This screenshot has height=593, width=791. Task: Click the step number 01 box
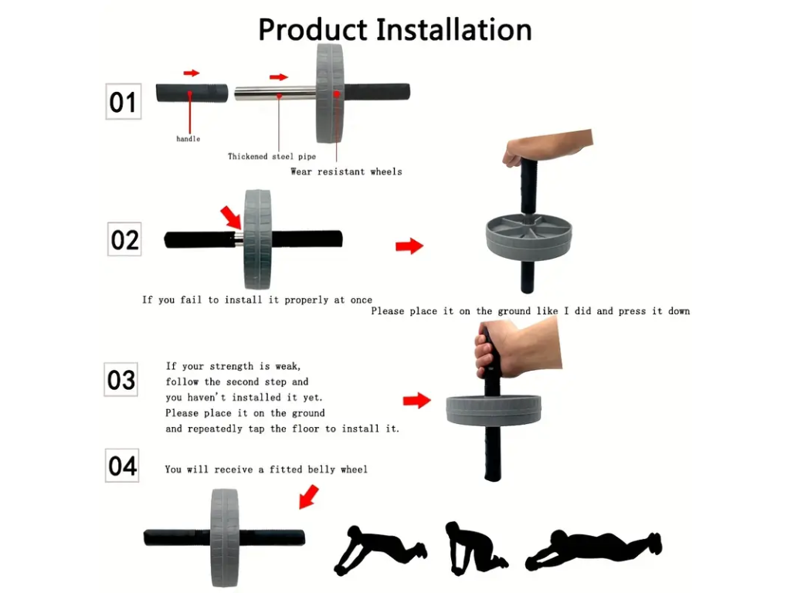pos(123,101)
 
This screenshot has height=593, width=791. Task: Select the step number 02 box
pos(124,239)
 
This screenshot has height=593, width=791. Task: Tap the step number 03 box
pos(121,379)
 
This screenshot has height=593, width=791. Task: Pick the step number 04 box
pos(122,466)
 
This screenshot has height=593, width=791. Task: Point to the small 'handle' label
pos(188,139)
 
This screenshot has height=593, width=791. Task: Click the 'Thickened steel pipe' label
pos(271,156)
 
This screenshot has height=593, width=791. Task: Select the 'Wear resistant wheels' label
pos(346,171)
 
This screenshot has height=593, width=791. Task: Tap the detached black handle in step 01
pos(192,93)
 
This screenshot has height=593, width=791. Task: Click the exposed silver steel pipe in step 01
pos(276,93)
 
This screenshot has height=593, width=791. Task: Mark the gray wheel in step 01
pos(330,93)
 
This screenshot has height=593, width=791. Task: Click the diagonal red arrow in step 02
pos(231,217)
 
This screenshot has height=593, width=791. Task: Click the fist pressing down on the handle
pos(548,147)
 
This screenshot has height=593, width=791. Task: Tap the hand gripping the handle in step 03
pos(517,349)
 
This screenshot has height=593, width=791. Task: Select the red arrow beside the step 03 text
pos(416,401)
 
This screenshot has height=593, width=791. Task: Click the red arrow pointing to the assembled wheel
pos(309,496)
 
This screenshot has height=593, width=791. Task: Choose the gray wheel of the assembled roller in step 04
pos(225,537)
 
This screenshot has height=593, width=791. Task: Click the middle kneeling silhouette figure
pos(474,549)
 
